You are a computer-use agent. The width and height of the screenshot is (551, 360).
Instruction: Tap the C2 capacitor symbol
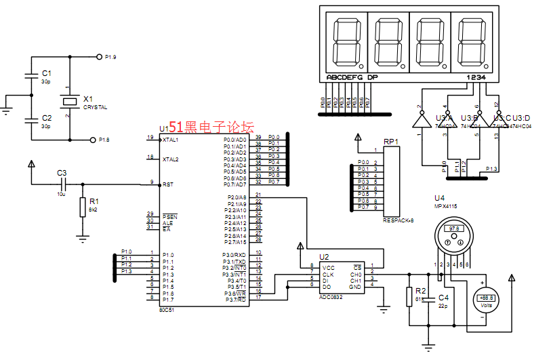(x=30, y=121)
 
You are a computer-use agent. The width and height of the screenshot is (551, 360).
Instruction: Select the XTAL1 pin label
(x=171, y=140)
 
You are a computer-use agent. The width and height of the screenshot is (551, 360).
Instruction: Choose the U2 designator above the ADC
(x=324, y=258)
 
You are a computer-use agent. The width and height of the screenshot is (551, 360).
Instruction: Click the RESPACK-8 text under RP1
(x=398, y=220)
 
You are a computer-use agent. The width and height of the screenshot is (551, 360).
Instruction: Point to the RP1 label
(x=391, y=142)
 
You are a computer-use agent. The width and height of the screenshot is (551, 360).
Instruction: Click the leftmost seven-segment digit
(x=346, y=41)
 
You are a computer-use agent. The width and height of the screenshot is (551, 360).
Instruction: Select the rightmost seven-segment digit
(x=469, y=41)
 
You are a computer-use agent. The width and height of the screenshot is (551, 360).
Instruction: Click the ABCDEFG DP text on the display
(x=352, y=77)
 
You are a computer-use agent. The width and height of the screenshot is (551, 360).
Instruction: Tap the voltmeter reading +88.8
(x=485, y=298)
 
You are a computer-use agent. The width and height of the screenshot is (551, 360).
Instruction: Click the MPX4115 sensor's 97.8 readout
(x=453, y=228)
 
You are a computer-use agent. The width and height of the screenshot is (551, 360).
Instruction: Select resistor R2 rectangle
(x=409, y=297)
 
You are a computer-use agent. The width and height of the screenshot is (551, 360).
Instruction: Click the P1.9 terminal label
(x=110, y=57)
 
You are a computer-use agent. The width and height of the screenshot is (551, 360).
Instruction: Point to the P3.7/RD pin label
(x=236, y=299)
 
